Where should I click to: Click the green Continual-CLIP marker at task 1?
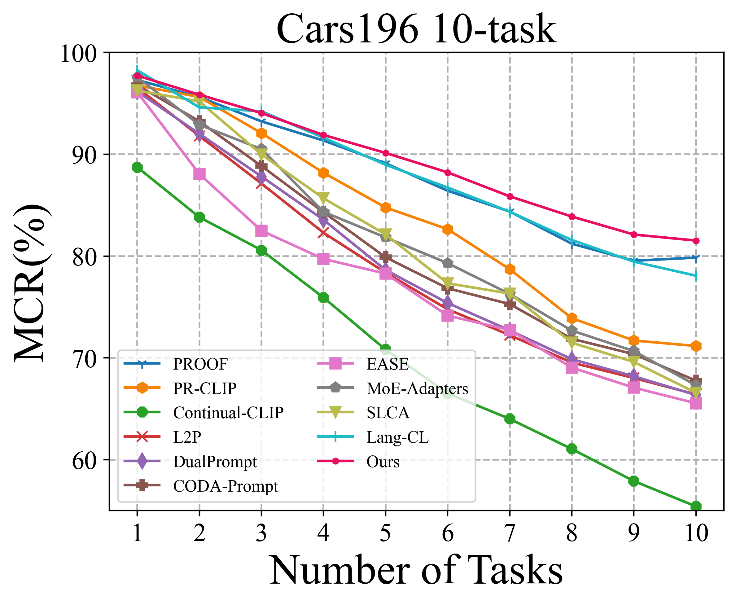click(137, 167)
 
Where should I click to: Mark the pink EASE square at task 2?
click(199, 174)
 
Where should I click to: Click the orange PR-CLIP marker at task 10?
click(696, 346)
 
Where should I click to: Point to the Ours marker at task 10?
click(696, 241)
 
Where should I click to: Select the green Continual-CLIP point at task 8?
click(572, 449)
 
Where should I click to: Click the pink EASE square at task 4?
click(323, 259)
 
